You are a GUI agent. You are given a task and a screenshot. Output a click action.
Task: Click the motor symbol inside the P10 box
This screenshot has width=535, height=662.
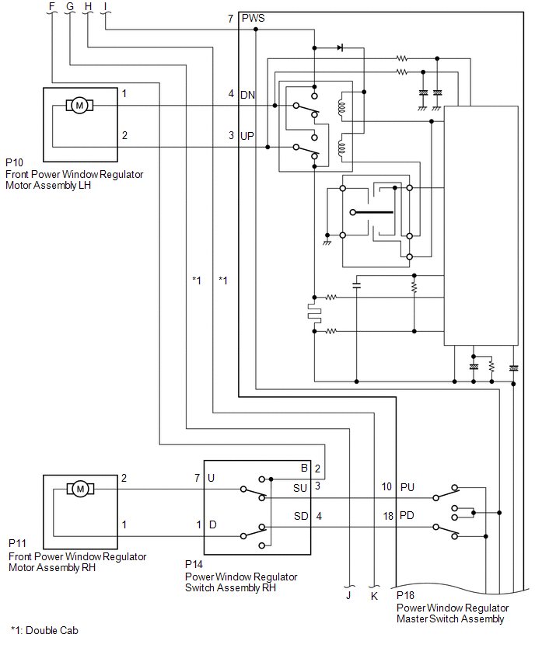tap(79, 105)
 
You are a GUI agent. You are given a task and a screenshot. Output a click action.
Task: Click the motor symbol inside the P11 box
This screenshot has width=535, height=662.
tap(80, 489)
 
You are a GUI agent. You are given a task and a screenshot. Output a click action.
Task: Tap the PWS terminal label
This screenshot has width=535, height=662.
tap(254, 18)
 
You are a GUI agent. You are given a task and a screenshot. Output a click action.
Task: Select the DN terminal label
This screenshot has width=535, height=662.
tap(247, 95)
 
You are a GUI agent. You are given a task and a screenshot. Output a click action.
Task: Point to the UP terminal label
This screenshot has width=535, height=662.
tap(247, 136)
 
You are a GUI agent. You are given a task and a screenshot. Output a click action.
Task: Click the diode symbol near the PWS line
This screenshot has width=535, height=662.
tap(340, 47)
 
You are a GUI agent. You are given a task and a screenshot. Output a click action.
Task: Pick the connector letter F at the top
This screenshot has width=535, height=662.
tap(52, 6)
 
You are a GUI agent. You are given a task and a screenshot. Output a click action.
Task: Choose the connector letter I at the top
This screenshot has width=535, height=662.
tap(105, 6)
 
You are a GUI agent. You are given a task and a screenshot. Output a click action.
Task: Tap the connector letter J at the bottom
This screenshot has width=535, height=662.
tap(348, 595)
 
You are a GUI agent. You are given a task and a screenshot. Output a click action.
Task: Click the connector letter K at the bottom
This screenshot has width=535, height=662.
tap(374, 596)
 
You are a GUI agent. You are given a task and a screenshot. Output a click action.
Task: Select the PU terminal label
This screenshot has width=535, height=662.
tap(407, 487)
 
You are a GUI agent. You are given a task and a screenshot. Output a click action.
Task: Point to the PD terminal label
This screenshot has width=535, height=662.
tap(407, 515)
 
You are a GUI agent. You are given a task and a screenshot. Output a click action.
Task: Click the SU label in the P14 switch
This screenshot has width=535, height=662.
tap(300, 488)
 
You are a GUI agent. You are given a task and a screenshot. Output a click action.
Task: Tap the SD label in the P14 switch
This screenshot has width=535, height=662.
tap(301, 516)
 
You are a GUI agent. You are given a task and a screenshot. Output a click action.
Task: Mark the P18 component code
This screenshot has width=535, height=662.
tap(405, 595)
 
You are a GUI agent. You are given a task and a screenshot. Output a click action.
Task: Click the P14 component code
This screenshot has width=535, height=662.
tap(194, 564)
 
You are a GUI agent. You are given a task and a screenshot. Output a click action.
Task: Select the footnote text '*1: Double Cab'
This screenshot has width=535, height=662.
tap(44, 630)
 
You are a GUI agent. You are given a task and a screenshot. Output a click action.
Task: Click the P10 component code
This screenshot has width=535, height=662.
tap(14, 162)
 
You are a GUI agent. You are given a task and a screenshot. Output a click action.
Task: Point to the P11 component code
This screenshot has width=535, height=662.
tap(17, 543)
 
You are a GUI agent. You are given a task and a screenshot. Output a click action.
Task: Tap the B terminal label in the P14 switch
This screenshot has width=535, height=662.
tap(304, 468)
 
